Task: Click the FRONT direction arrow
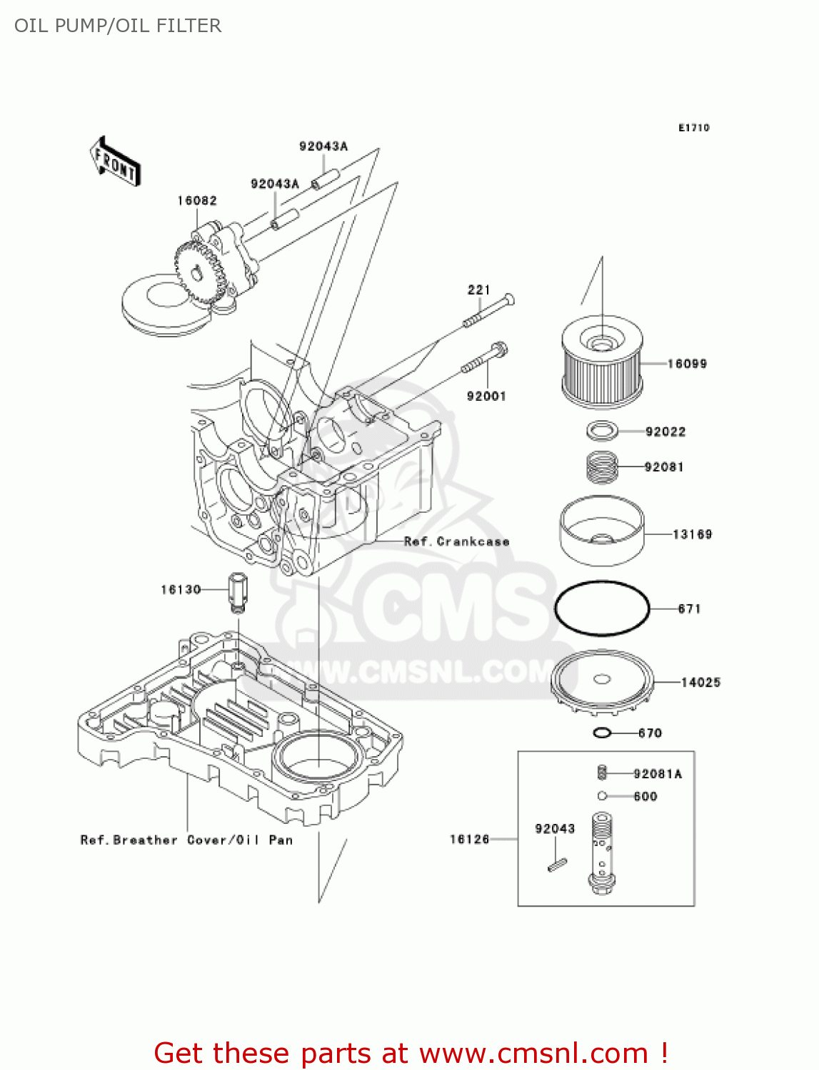[115, 162]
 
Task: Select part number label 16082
[197, 201]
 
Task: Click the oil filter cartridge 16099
[602, 364]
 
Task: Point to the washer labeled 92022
[603, 431]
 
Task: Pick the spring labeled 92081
[602, 467]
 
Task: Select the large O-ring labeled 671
[602, 608]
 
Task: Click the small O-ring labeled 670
[602, 733]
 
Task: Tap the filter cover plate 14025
[602, 683]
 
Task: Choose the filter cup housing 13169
[602, 531]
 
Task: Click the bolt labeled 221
[490, 310]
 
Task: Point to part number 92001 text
[486, 396]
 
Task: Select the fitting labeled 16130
[237, 591]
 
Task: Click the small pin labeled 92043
[557, 865]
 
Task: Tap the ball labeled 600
[602, 796]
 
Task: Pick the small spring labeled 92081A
[602, 773]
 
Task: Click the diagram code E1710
[693, 128]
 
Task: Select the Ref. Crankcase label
[457, 541]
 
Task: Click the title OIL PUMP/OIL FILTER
[118, 26]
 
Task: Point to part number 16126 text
[469, 839]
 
